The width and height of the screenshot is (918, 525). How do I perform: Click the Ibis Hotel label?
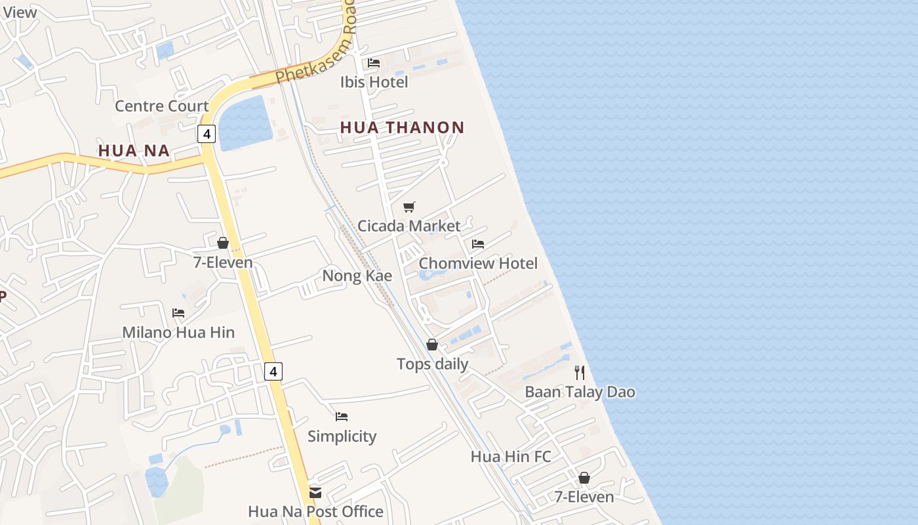point(374,82)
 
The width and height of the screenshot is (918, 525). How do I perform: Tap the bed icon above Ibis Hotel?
point(374,63)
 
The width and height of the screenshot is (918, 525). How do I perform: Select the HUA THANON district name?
point(402,127)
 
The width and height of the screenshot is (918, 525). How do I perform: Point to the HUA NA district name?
point(134,150)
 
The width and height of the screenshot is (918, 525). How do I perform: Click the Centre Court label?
point(161,106)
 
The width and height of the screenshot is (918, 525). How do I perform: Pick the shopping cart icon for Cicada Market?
point(409,207)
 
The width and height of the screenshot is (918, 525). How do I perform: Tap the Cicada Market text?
point(409,226)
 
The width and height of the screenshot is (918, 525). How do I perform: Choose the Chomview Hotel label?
point(478,263)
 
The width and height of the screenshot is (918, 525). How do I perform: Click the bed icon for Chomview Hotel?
point(478,244)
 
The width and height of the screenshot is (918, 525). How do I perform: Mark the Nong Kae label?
point(357,276)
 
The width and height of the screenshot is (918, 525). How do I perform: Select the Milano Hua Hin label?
point(178,332)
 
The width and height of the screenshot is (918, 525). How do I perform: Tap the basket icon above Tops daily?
point(432,345)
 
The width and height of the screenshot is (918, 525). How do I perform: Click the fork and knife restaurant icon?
point(580,373)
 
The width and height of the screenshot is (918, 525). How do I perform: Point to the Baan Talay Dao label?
point(580,392)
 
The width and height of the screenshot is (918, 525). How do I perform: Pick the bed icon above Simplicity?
point(342,417)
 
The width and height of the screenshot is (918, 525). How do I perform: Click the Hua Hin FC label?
point(511,456)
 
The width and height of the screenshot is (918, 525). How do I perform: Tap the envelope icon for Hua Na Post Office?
point(315,492)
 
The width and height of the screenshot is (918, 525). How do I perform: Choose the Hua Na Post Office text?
point(315,511)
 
